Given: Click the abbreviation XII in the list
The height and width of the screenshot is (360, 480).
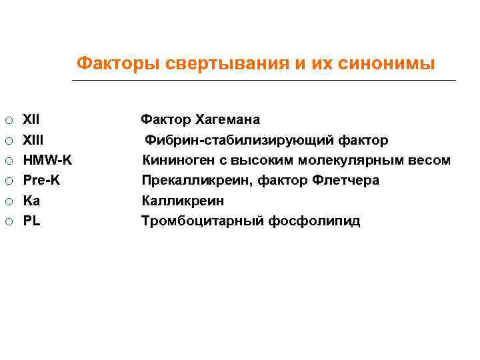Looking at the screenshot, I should pyautogui.click(x=31, y=120).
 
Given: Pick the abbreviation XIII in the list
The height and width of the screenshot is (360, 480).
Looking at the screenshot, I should pyautogui.click(x=33, y=140).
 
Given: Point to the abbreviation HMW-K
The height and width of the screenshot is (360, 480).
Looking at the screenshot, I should pyautogui.click(x=48, y=160).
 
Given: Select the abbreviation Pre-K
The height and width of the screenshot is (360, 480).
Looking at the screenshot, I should pyautogui.click(x=41, y=180).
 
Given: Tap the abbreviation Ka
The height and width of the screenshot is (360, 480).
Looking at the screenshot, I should pyautogui.click(x=31, y=201).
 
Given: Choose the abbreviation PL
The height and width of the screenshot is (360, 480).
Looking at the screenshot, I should pyautogui.click(x=31, y=221).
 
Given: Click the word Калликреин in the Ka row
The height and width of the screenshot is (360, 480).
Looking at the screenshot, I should pyautogui.click(x=183, y=201).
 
